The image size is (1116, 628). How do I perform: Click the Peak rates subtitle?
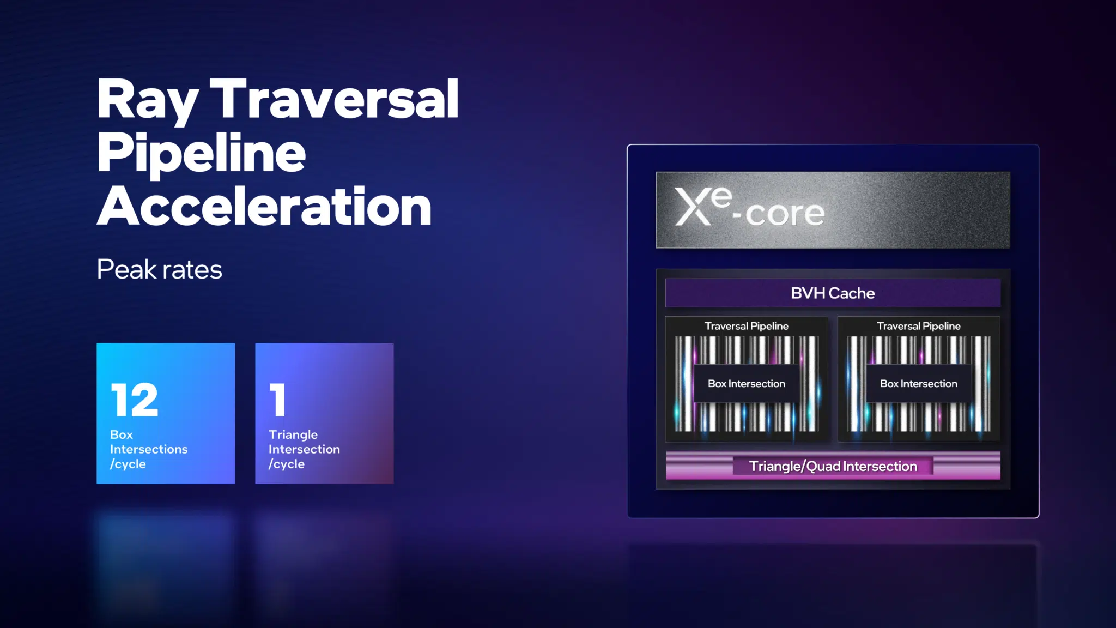pos(160,269)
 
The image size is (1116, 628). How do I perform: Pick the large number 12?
pos(134,400)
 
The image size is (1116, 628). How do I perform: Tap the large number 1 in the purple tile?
pos(277,400)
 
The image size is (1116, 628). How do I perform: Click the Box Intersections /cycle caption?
pos(149,449)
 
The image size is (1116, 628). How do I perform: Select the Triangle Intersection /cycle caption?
pos(304,449)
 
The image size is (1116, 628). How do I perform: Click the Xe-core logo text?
pos(750,207)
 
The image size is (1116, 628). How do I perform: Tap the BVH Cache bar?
pos(833,293)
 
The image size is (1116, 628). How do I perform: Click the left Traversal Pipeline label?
pos(747,326)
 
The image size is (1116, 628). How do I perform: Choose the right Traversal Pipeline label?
pos(919,326)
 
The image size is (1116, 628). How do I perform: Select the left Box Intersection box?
pos(747,383)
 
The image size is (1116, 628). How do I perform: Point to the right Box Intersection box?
pos(919,383)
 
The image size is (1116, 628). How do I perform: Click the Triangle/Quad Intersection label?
pos(833,466)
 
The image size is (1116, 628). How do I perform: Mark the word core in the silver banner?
pos(785,213)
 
